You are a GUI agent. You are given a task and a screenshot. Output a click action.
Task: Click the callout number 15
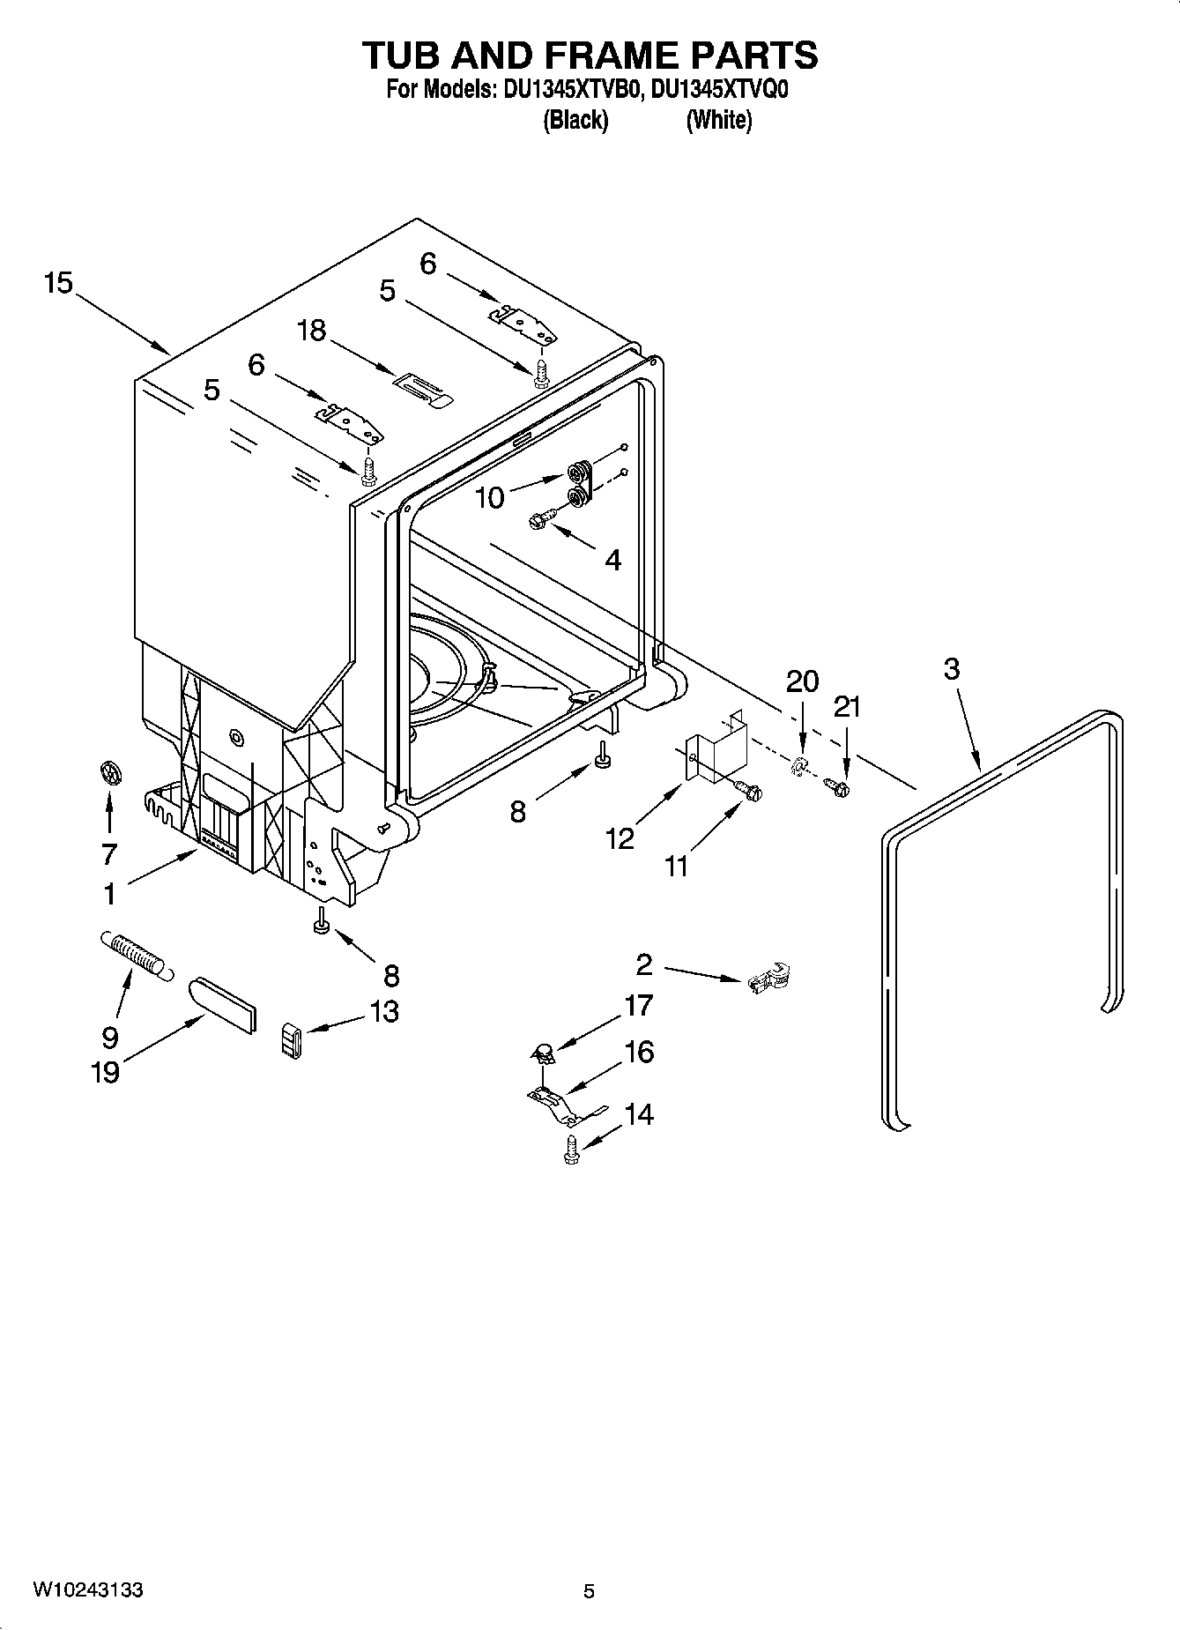58,284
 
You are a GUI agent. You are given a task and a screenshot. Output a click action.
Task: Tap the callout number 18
311,331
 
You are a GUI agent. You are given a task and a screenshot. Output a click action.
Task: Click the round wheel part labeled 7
109,773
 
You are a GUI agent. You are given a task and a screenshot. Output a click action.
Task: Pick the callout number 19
106,1072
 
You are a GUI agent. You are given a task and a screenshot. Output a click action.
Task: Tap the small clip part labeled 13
292,1039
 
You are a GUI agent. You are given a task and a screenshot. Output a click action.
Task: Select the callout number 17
638,1005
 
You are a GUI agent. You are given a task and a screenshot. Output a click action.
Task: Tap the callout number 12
620,838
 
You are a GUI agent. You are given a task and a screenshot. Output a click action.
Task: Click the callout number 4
613,559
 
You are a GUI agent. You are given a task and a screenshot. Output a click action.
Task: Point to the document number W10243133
88,1589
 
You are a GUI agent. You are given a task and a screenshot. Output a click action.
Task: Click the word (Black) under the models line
575,120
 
